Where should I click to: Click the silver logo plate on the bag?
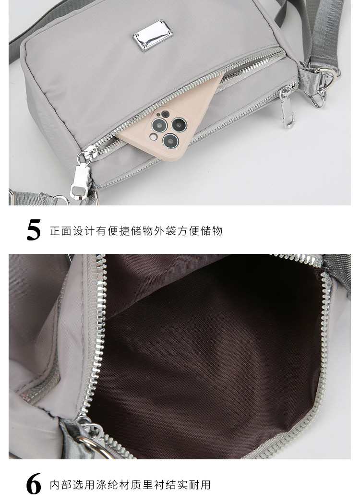[x=153, y=36]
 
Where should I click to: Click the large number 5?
[x=34, y=230]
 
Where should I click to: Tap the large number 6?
[x=34, y=484]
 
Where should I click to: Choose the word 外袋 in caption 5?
[x=165, y=231]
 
